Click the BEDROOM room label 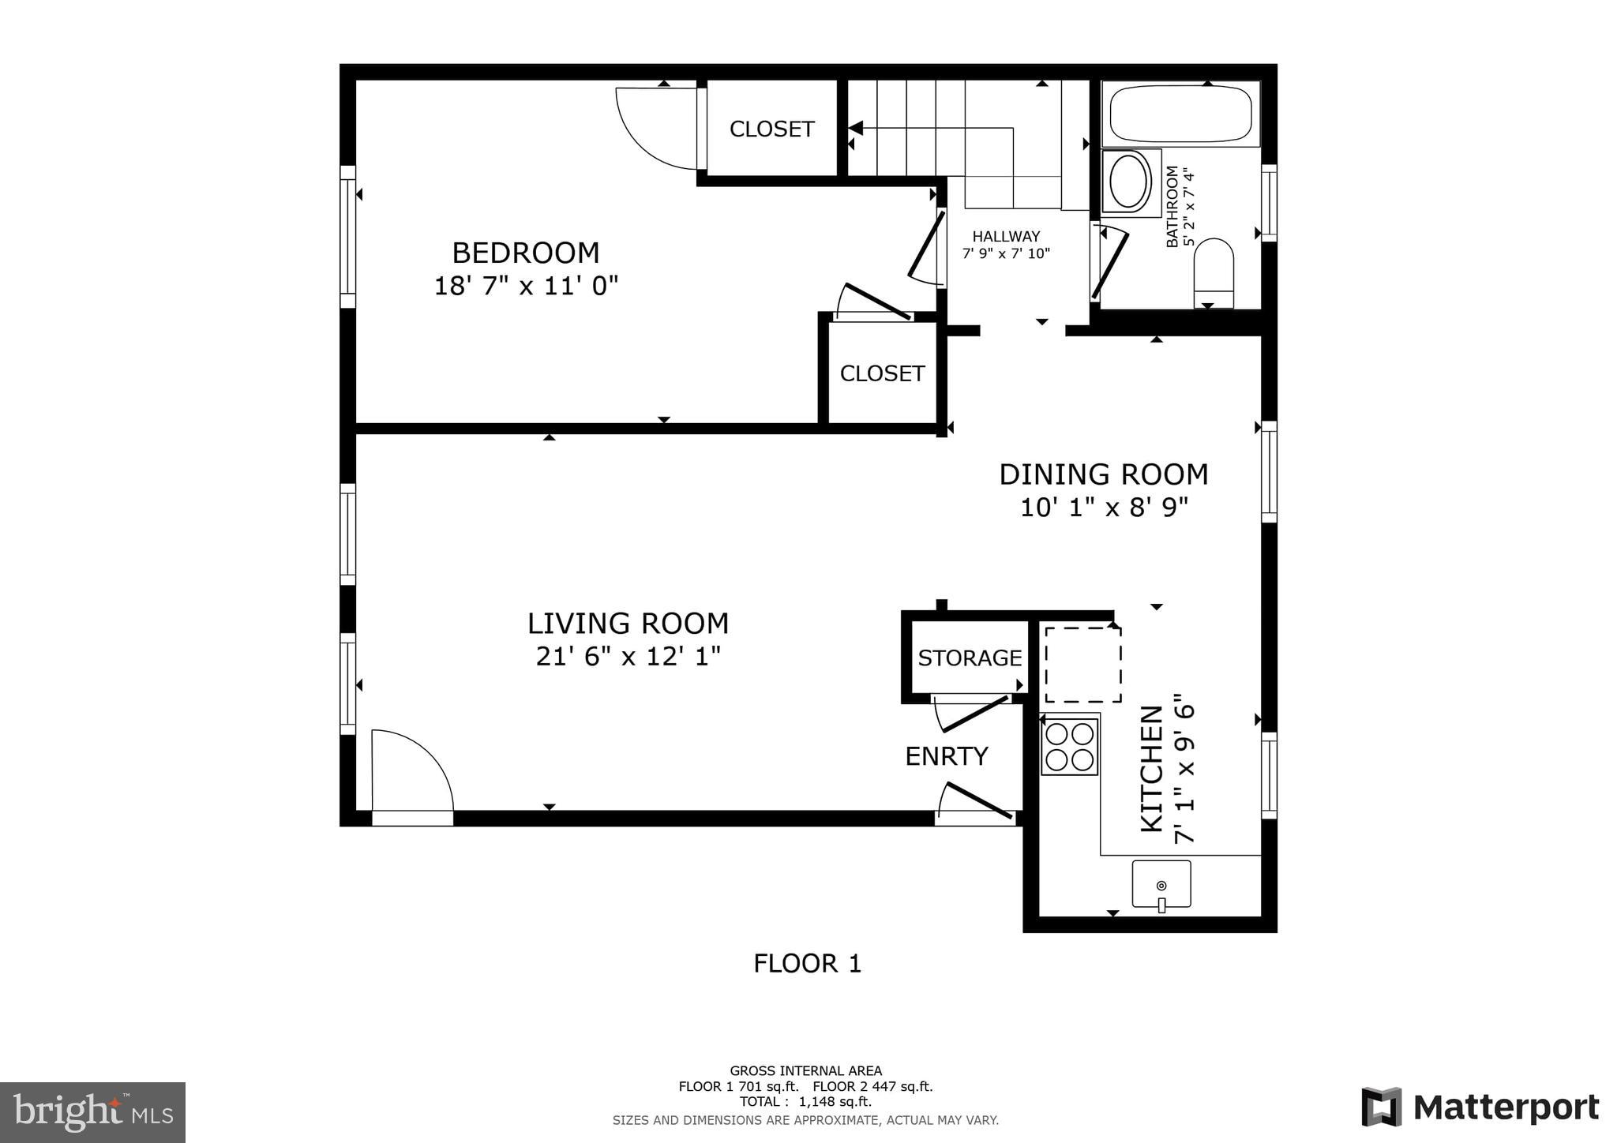tap(526, 253)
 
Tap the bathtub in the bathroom tap(1181, 114)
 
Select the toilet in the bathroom tap(1214, 273)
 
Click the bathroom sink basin tap(1131, 181)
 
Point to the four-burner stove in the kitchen tap(1070, 747)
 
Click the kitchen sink tap(1161, 884)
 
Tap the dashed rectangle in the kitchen tap(1083, 665)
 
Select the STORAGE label tap(970, 658)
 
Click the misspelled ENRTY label tap(947, 756)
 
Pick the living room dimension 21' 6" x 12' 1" tap(628, 656)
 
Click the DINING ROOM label tap(1104, 474)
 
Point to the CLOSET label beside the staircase tap(771, 129)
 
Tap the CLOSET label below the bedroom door tap(882, 373)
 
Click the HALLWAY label tap(1006, 236)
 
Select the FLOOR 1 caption tap(807, 964)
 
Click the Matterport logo tap(1480, 1107)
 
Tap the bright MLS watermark tap(92, 1112)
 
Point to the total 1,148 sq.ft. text tap(805, 1101)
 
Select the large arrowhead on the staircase tap(856, 129)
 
